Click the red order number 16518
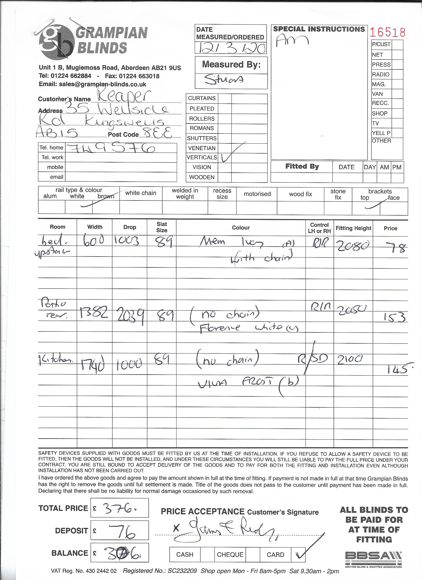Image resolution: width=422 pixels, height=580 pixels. point(388,33)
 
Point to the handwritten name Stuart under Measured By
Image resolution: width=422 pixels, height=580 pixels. point(224,80)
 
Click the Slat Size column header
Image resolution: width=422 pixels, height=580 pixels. point(162,227)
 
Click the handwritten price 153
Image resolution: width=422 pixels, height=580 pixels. point(394,317)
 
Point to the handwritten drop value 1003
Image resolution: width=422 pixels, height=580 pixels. point(127,240)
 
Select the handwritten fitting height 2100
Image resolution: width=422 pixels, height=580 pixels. point(350,359)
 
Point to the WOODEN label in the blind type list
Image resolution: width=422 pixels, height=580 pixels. point(202,177)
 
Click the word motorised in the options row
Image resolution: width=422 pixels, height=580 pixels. point(257,194)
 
